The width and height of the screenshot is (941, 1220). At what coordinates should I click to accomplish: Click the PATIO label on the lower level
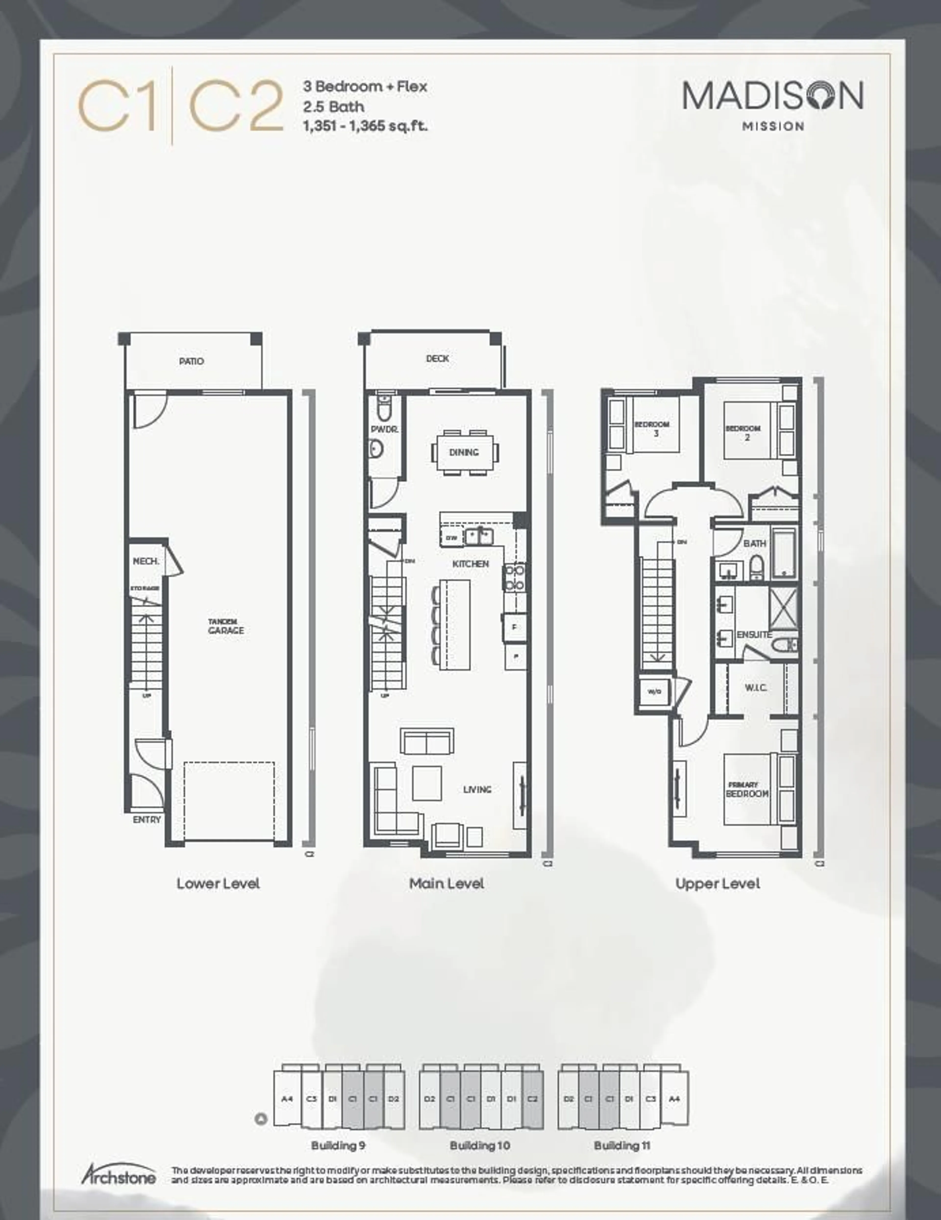click(192, 361)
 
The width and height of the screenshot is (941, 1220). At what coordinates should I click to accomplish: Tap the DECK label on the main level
click(437, 359)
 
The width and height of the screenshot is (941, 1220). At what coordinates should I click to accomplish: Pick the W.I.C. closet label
click(755, 688)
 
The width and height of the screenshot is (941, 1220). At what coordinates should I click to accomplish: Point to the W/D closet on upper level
click(654, 692)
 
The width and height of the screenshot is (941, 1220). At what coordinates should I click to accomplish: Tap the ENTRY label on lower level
click(147, 820)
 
